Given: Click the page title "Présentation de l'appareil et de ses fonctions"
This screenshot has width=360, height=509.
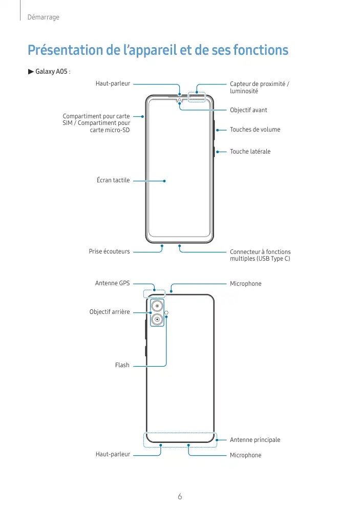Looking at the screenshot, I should coord(158,50).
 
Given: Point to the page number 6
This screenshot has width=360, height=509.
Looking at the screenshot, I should coord(180,496).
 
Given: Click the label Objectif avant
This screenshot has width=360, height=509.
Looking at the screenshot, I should coord(248,110).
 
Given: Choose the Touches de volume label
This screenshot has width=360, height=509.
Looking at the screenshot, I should coord(255,130).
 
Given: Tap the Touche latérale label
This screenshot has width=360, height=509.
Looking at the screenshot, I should coord(250,152).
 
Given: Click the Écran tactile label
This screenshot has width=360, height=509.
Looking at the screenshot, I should coord(113,180).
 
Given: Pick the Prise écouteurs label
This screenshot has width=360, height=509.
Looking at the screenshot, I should coord(109,251).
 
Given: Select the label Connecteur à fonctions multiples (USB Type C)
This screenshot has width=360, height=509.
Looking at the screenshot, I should coord(260,255).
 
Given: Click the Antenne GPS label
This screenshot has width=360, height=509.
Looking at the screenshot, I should coord(112,283).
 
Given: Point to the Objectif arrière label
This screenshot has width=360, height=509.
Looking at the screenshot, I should coord(109,312).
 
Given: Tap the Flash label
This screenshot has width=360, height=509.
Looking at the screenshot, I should coord(122,365).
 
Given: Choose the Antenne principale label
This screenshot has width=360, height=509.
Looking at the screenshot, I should coord(255,440).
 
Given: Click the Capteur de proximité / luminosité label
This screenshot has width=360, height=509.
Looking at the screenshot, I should coord(259,87).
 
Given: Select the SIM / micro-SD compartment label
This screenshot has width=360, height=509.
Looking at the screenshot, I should coord(96,123).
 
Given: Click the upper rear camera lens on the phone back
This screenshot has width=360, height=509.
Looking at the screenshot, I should coord(157,306).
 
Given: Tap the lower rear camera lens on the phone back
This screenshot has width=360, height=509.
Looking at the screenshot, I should coord(157,320).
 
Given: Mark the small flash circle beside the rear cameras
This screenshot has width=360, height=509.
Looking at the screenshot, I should coord(166,312).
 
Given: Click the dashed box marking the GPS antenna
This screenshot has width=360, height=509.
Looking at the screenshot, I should coord(154,293).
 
